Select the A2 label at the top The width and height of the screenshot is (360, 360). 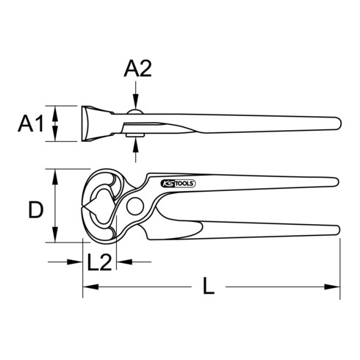137,70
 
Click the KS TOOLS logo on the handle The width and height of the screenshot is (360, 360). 177,184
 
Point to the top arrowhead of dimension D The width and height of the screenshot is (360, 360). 53,173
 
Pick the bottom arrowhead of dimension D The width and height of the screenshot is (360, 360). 53,239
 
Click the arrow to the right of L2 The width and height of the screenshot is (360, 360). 120,261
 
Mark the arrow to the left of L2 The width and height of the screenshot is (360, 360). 77,261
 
